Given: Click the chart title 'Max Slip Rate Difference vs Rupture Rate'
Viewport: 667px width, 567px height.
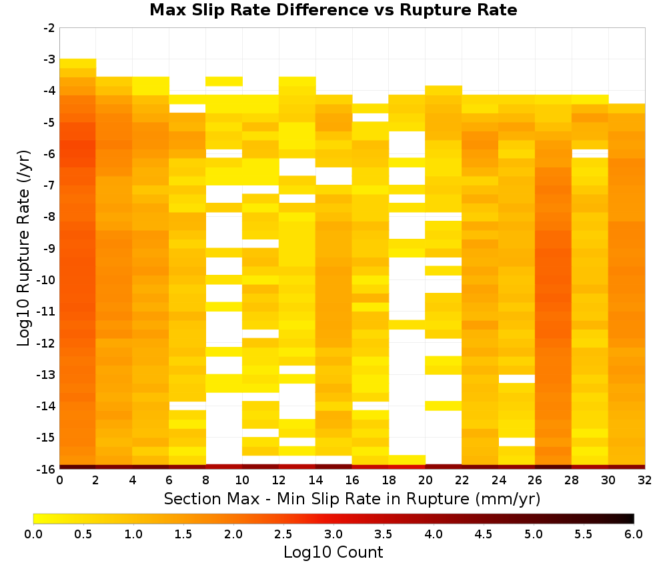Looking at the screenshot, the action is tap(333, 9).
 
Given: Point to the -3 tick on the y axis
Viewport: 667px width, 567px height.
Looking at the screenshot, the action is tap(49, 59).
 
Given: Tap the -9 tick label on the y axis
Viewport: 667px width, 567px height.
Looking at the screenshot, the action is tap(49, 248).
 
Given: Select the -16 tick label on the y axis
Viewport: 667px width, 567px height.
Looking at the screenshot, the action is tap(47, 469).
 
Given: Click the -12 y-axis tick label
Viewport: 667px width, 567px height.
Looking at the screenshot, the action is tap(47, 343).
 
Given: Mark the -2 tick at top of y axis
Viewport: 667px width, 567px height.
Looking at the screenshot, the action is tap(49, 28).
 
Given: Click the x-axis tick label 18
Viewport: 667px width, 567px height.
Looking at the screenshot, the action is tap(389, 480).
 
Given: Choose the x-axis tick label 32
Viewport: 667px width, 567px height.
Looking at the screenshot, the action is tap(645, 480).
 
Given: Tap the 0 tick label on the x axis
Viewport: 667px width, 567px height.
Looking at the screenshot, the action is tap(59, 480).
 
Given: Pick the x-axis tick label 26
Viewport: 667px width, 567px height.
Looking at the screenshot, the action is tap(535, 480).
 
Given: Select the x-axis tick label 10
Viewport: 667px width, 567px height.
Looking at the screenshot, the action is tap(243, 480).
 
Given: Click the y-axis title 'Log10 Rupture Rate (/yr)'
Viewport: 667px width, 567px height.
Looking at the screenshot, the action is tap(23, 248).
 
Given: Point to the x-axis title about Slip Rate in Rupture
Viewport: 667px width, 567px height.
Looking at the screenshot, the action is tap(352, 499).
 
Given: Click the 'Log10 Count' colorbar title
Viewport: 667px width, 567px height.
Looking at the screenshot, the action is tap(333, 552).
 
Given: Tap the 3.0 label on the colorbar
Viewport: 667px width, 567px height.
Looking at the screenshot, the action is tap(333, 534).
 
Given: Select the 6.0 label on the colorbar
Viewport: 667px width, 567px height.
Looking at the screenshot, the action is tap(634, 534).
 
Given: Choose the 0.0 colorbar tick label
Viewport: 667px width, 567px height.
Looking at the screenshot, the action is tap(33, 534).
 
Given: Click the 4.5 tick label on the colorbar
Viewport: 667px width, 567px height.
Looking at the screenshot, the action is tap(484, 534).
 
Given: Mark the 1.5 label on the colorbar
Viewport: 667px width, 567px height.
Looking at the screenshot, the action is tap(183, 534).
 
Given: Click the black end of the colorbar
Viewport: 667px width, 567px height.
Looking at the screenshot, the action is tap(631, 518).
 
